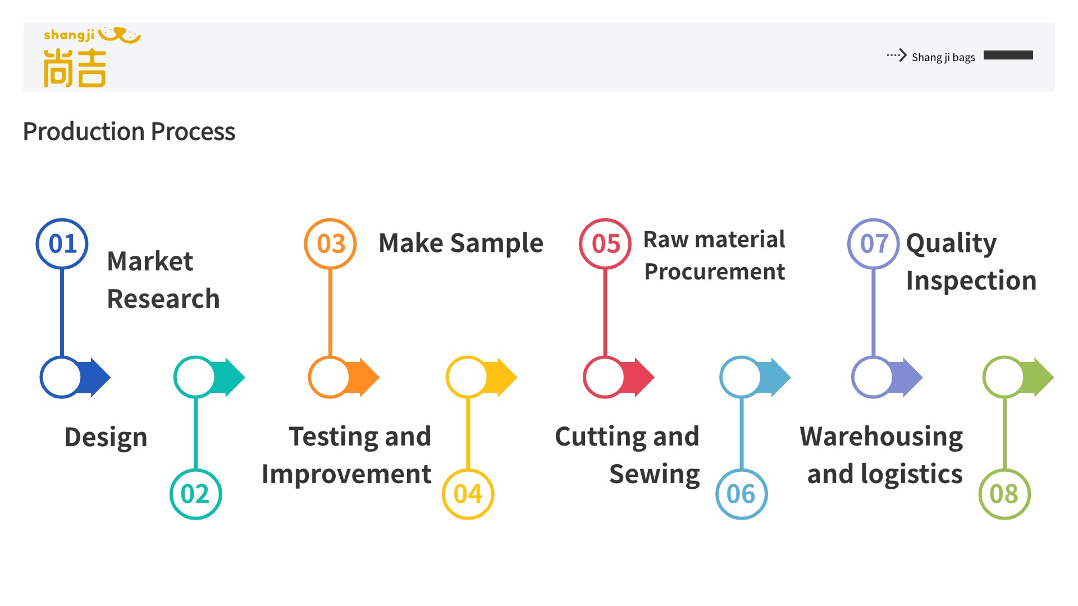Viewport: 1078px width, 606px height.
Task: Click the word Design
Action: coord(106,437)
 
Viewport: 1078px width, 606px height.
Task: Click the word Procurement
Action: coord(714,272)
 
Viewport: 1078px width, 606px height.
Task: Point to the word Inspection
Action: coord(971,281)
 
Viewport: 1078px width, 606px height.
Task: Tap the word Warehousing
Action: coord(881,437)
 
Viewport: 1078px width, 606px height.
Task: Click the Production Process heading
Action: coord(129,132)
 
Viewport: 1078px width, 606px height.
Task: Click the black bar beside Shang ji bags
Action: coord(1008,55)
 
